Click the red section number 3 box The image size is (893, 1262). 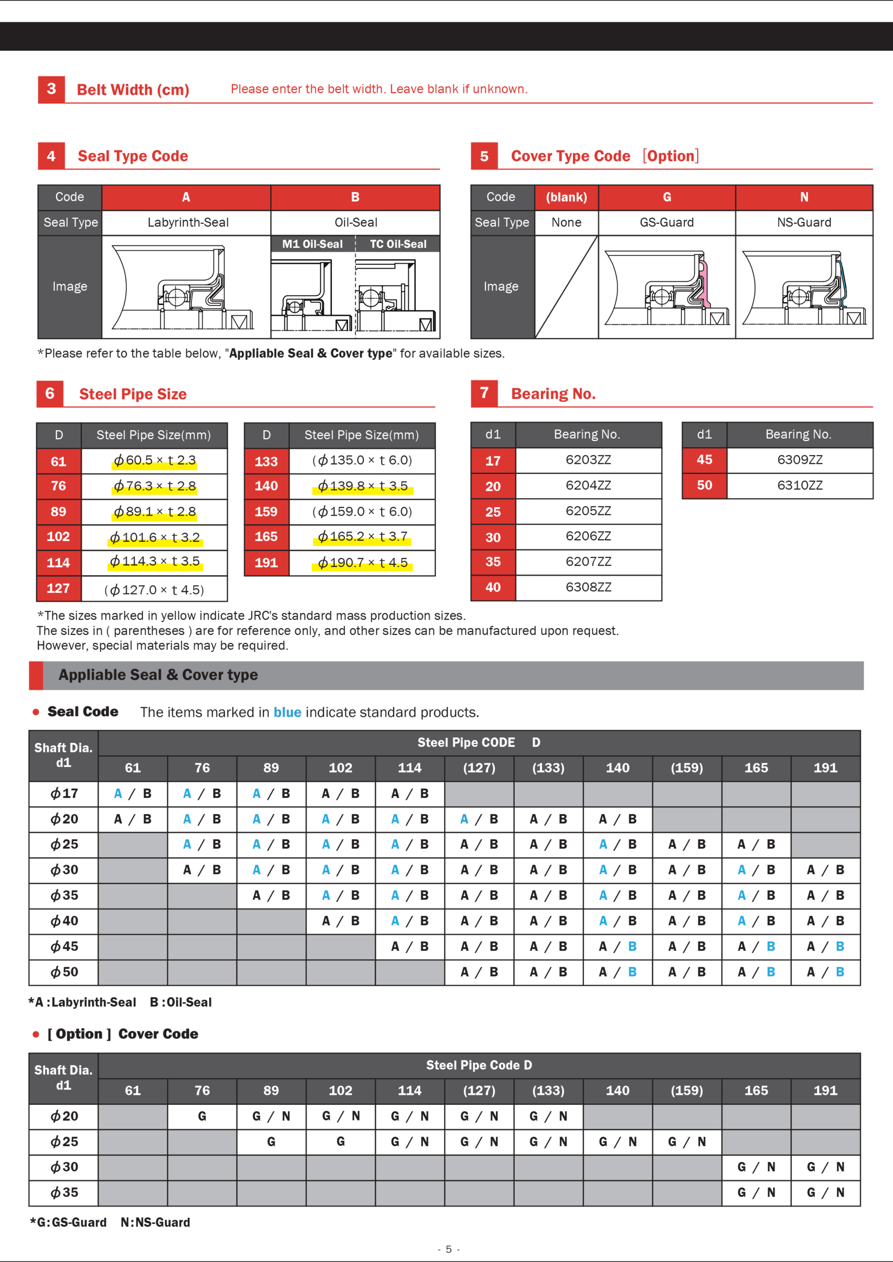[x=51, y=89]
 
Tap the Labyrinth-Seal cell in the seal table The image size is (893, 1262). [x=187, y=223]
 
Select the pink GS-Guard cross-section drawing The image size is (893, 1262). [x=667, y=287]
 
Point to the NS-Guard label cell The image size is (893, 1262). [x=803, y=223]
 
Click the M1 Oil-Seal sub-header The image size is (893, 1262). [x=312, y=244]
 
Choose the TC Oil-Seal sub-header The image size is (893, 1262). [x=397, y=244]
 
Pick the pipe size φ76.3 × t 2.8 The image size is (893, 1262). [x=154, y=486]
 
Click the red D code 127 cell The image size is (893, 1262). [x=58, y=589]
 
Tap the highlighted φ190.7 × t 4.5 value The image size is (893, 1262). [x=362, y=563]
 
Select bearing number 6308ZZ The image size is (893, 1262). [x=588, y=587]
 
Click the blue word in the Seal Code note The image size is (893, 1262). [x=287, y=712]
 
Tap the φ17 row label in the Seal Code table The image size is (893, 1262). [x=64, y=794]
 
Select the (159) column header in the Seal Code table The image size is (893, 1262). [x=686, y=768]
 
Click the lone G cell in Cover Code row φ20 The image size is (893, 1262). [x=202, y=1117]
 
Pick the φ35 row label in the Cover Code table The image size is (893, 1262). [x=64, y=1193]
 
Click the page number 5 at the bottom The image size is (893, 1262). [x=448, y=1249]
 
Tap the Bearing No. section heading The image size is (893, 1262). [x=553, y=393]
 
